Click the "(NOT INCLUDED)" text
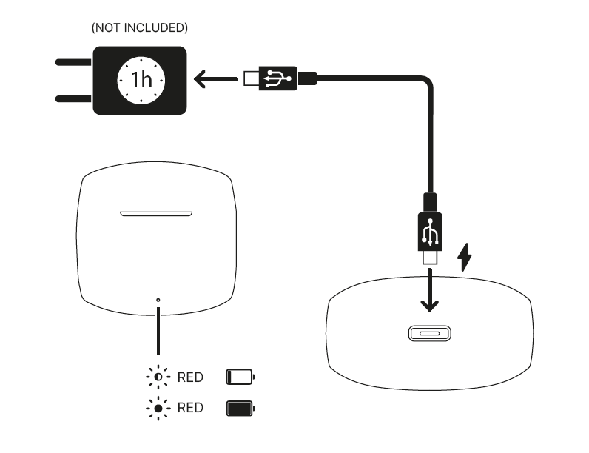coord(139,28)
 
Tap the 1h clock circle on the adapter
coord(141,81)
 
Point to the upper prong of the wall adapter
coord(74,62)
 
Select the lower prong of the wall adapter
coord(74,98)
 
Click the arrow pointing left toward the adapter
coord(215,79)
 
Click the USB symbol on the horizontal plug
coord(277,78)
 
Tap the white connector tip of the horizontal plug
coord(252,78)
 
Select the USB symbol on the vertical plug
coord(430,232)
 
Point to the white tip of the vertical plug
coord(430,258)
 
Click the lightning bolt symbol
coord(464,258)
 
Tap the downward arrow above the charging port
coord(430,290)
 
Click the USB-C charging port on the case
coord(430,334)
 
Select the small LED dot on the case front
coord(158,300)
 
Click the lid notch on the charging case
coord(156,214)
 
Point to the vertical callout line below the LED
coord(158,331)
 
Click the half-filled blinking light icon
coord(158,376)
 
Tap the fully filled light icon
coord(158,408)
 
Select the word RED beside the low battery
coord(190,377)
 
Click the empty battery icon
coord(240,377)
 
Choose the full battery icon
coord(240,409)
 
